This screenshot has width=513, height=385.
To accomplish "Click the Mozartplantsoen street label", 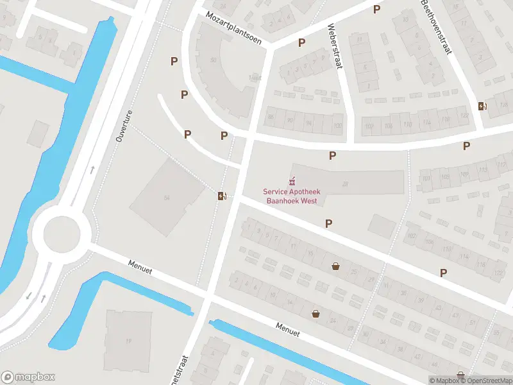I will click(x=233, y=28).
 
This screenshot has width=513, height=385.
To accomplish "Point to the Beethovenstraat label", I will click(x=436, y=20).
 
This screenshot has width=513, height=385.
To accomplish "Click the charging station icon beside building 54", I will click(x=222, y=196).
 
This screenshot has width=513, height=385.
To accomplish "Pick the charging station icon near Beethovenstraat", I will click(x=482, y=106).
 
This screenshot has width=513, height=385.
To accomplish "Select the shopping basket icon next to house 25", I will click(x=335, y=266).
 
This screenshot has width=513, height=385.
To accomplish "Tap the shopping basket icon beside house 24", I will click(x=315, y=314).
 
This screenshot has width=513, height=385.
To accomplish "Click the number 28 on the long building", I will click(x=345, y=184).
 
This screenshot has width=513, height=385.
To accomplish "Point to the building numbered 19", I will click(x=128, y=340).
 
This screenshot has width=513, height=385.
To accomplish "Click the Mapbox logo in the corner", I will click(x=28, y=377).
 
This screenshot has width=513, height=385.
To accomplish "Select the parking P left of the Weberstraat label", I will click(x=301, y=43).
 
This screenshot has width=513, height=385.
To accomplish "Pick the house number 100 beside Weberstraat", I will click(x=337, y=125).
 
